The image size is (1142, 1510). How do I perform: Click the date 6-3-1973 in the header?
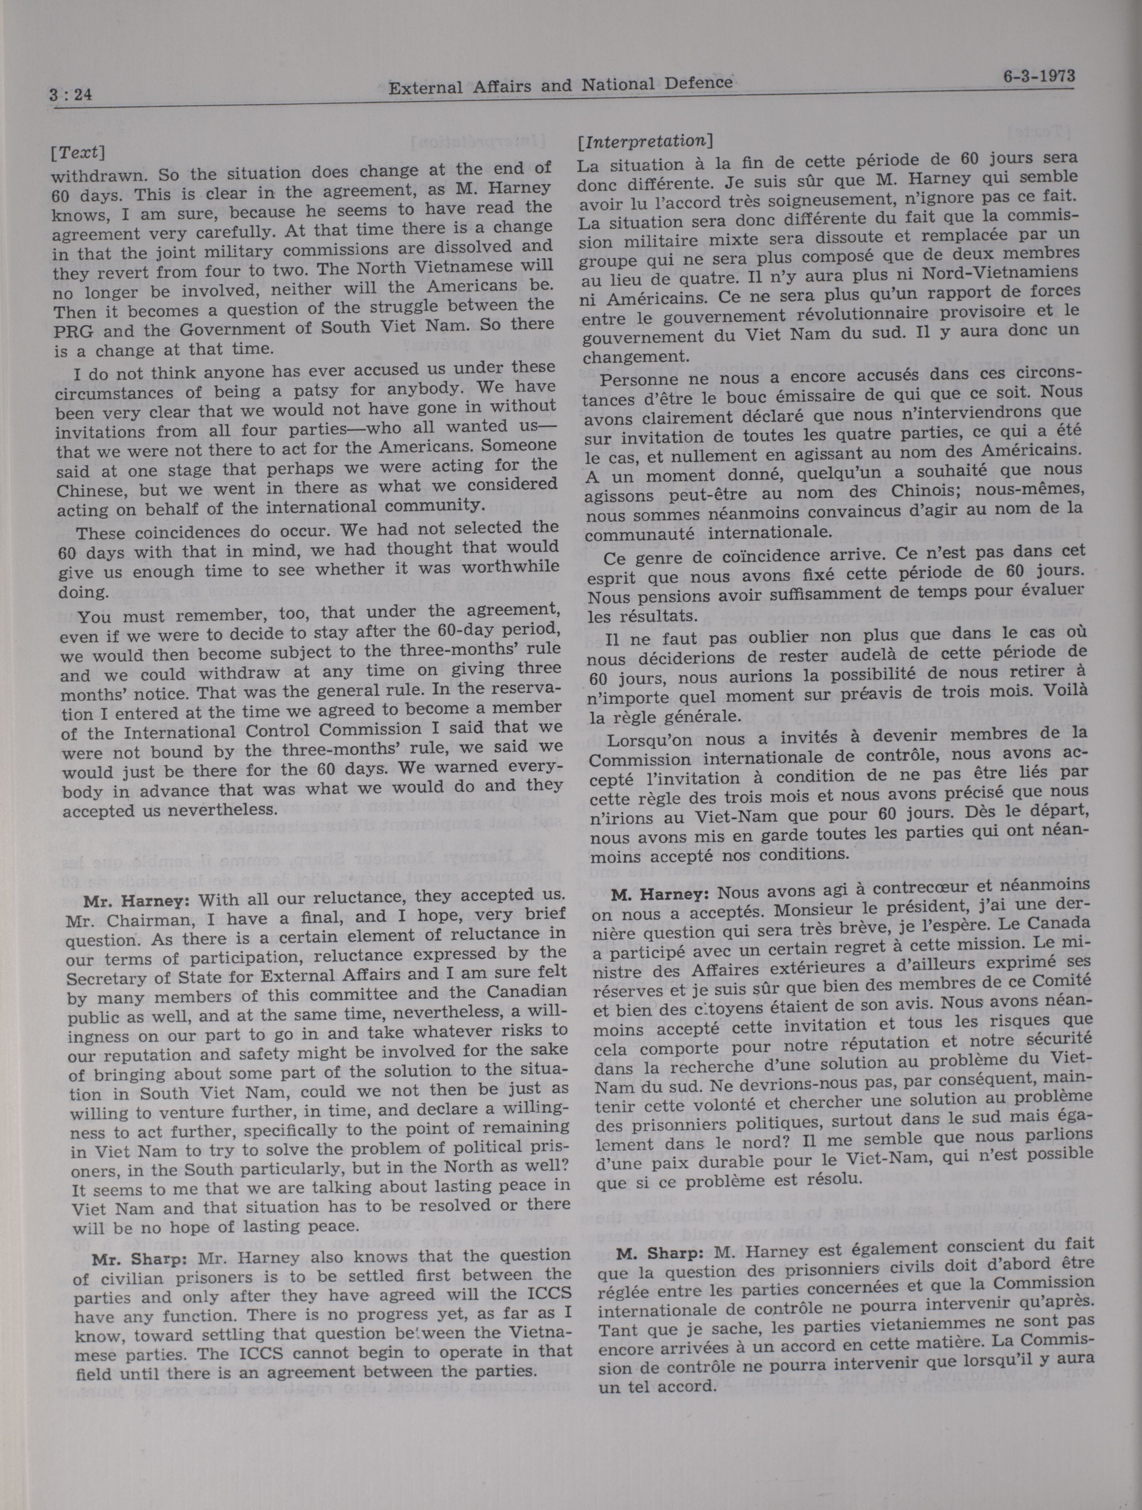point(1035,76)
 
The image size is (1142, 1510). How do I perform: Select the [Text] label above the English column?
point(77,151)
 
